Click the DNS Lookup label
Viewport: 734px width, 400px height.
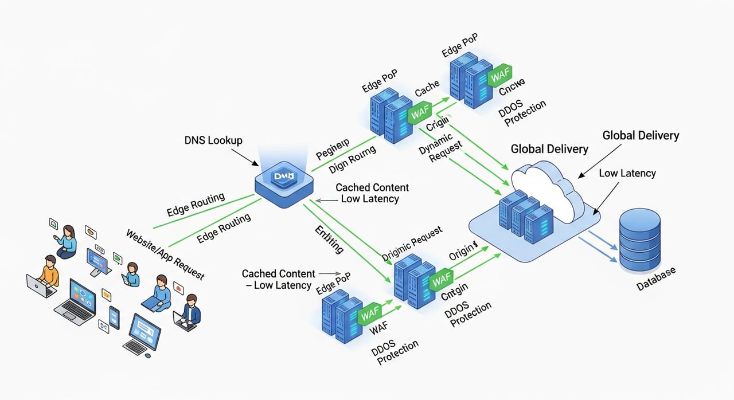pos(213,140)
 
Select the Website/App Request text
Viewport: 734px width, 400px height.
pos(165,254)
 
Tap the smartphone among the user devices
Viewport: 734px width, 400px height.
pos(115,317)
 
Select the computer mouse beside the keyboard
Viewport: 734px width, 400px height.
pos(148,356)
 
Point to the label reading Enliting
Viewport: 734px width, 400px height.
pos(329,240)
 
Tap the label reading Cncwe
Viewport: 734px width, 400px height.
pos(512,90)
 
